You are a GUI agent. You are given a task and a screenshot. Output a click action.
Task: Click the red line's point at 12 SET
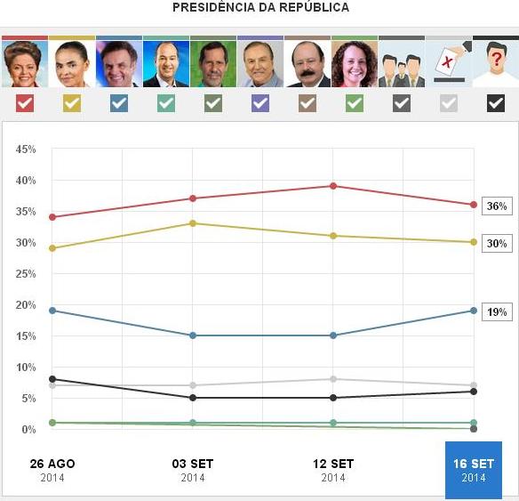tap(333, 186)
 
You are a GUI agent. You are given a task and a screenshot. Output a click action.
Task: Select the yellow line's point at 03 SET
tap(193, 223)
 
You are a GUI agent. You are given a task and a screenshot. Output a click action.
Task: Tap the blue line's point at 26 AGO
tap(52, 311)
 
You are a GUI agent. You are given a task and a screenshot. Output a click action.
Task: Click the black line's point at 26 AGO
tap(52, 379)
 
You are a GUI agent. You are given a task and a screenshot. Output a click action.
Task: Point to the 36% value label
tap(496, 206)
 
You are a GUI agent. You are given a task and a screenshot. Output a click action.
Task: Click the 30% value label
tap(496, 244)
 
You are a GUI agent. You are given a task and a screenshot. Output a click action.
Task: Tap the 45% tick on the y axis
tap(25, 149)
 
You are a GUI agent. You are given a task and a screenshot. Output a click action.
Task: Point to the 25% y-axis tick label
tap(25, 274)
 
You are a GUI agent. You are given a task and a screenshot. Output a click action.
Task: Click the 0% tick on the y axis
tap(28, 430)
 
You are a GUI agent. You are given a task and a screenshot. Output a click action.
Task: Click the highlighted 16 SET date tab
tap(473, 469)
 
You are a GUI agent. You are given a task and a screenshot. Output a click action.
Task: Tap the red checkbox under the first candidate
tap(25, 103)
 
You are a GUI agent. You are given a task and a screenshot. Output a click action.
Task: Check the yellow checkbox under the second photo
tap(72, 103)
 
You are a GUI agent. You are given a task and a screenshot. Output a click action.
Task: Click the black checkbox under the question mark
tap(495, 103)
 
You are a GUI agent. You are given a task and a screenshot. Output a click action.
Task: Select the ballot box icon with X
tap(449, 64)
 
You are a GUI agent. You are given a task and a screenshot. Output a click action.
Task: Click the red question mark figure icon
tap(495, 64)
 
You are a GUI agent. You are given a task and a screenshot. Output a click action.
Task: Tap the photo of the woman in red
tap(25, 64)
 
